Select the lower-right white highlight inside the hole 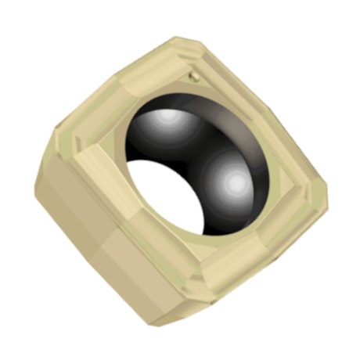tap(233, 182)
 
